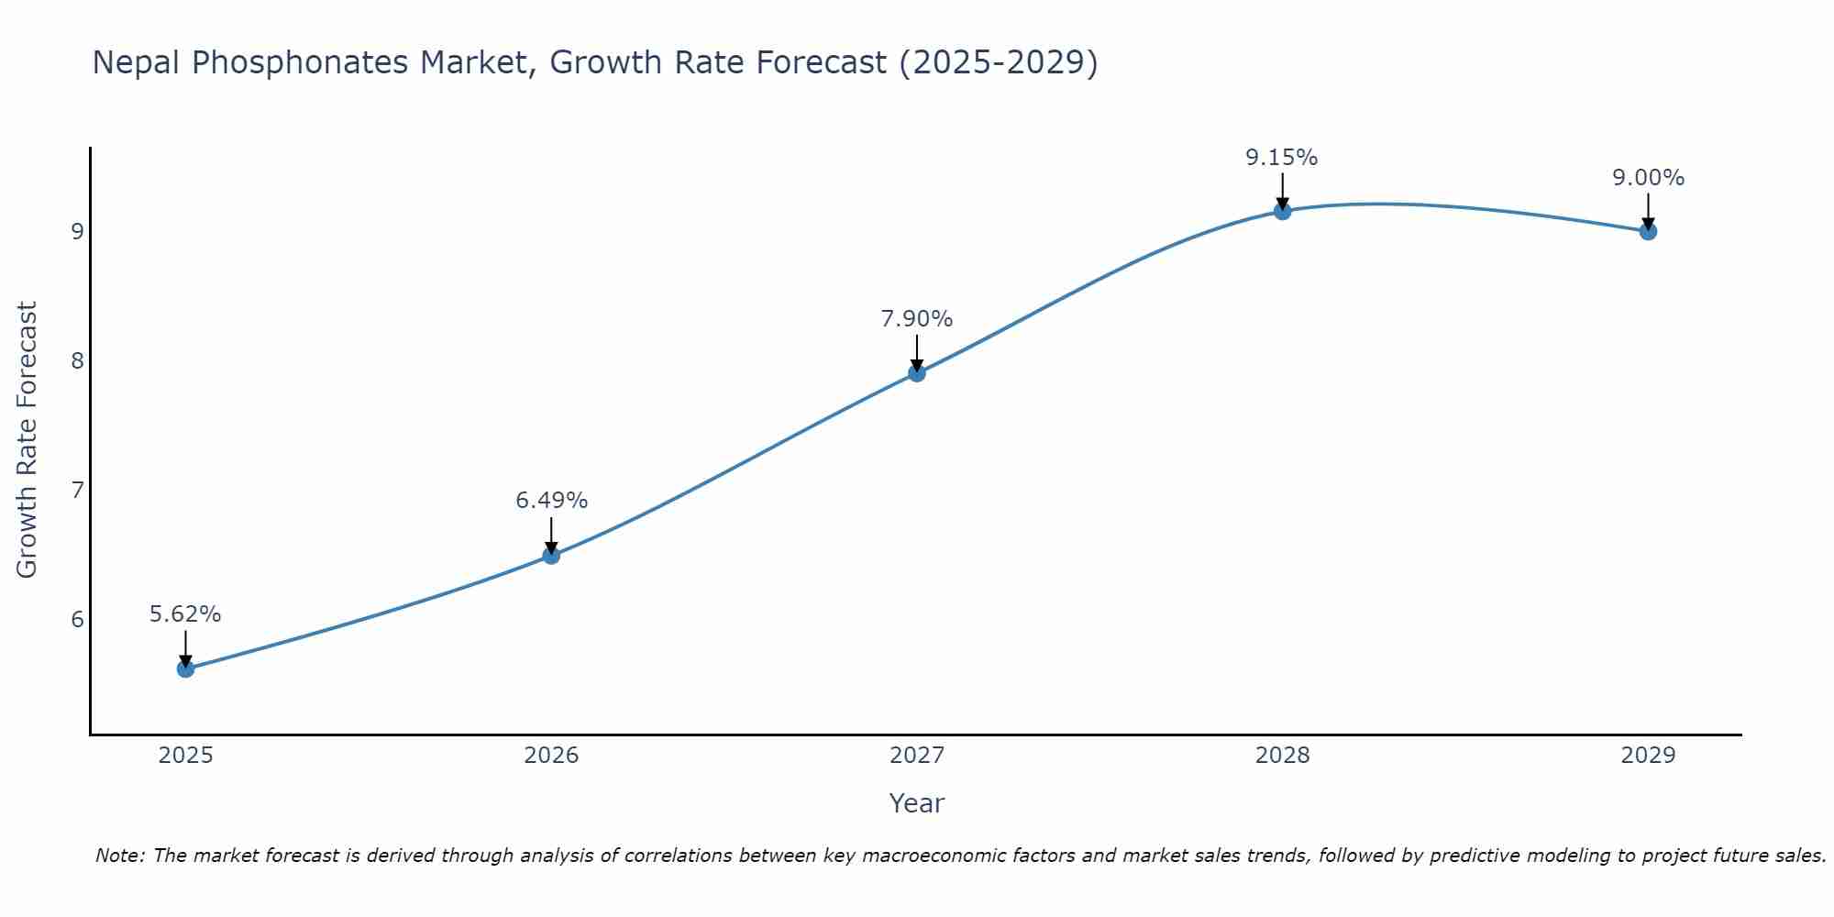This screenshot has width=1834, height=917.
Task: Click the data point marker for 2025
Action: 185,668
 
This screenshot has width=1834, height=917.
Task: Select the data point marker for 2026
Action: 551,555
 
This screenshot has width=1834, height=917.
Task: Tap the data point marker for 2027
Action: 916,372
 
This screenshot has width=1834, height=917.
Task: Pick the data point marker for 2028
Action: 1282,211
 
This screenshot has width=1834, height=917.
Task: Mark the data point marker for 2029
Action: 1648,231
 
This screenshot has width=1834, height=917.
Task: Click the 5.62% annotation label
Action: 185,614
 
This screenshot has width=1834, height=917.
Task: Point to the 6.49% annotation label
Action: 551,501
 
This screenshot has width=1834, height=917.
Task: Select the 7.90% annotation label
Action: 916,319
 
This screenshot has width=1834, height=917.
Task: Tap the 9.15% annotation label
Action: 1281,158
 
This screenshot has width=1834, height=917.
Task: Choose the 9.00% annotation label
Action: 1648,178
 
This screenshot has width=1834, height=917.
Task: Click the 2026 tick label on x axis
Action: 551,756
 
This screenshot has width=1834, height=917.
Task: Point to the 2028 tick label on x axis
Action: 1282,756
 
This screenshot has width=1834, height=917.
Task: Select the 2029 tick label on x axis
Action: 1648,756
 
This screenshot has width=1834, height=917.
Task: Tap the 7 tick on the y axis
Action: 77,490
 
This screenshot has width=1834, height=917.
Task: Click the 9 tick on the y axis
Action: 77,231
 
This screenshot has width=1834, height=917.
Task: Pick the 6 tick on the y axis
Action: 77,619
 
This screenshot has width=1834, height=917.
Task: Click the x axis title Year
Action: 916,803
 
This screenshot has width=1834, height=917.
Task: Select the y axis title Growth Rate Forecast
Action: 28,440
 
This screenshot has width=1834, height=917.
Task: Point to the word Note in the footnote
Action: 119,856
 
